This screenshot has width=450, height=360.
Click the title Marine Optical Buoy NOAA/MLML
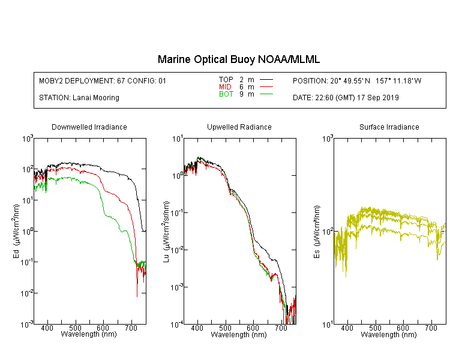pos(238,60)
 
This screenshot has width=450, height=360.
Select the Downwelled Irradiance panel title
pos(89,127)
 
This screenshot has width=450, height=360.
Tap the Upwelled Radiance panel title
pos(239,127)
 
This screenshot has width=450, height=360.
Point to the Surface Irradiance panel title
pos(389,127)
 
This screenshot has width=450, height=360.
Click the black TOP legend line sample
pos(266,80)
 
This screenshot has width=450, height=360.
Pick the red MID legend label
pos(225,86)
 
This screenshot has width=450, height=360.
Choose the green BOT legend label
pos(226,94)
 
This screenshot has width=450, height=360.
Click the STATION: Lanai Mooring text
pos(79,98)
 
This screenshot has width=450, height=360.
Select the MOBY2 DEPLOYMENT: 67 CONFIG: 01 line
pos(103,80)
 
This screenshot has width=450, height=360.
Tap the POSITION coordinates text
pos(357,80)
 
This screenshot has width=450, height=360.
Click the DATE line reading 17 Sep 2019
pos(346,98)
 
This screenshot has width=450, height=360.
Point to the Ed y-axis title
pos(16,231)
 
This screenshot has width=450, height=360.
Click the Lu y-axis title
pos(166,232)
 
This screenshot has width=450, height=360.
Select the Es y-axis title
pos(317,232)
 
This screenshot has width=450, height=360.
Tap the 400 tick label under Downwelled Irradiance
pos(47,328)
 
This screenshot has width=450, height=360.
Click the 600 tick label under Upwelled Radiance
pos(253,328)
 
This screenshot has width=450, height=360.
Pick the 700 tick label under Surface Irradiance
pos(431,328)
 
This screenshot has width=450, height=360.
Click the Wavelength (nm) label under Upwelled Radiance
pos(239,335)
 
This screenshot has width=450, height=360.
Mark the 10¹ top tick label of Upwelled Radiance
pos(178,139)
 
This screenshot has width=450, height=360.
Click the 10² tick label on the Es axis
pos(328,232)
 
